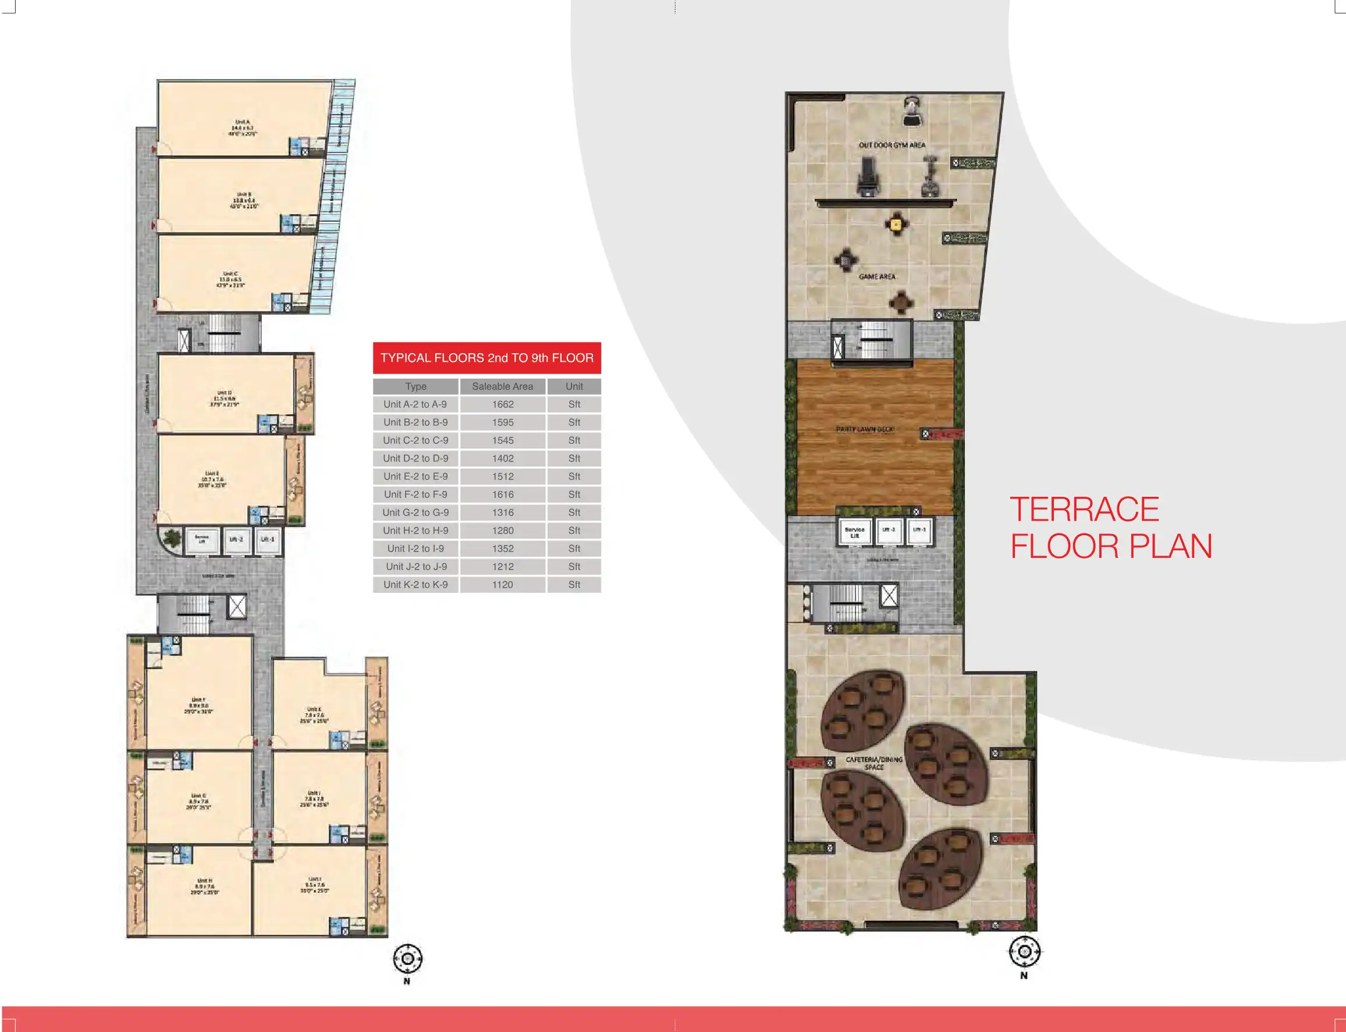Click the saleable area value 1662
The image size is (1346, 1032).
(x=503, y=404)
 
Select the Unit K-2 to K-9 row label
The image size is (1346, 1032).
(x=416, y=585)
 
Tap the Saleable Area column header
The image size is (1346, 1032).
(x=503, y=386)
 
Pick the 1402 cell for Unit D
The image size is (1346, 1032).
(x=503, y=458)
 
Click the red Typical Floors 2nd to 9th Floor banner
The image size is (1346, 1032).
(x=486, y=358)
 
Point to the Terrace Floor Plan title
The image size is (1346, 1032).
(x=1111, y=528)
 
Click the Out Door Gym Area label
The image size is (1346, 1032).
(x=892, y=145)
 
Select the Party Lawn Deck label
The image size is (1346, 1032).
(x=865, y=429)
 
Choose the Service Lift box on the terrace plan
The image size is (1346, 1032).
(x=854, y=532)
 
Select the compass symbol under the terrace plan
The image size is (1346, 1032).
(x=1024, y=952)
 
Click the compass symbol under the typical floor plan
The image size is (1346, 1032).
(x=407, y=959)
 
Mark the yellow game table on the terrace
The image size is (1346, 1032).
(x=896, y=223)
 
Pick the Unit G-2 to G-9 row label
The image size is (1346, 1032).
(x=416, y=513)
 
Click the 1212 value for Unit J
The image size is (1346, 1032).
(x=503, y=567)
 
